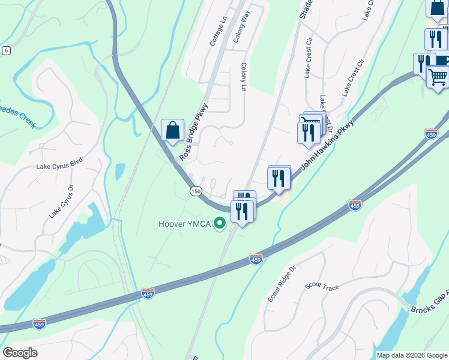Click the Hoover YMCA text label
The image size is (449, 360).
185,224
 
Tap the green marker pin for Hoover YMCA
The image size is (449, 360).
220,224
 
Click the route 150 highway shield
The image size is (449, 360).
195,191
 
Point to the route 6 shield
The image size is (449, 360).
6,50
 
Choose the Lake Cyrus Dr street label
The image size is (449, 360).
61,200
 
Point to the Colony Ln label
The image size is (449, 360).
244,77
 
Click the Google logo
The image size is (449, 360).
20,353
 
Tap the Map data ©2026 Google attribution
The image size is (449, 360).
412,355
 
